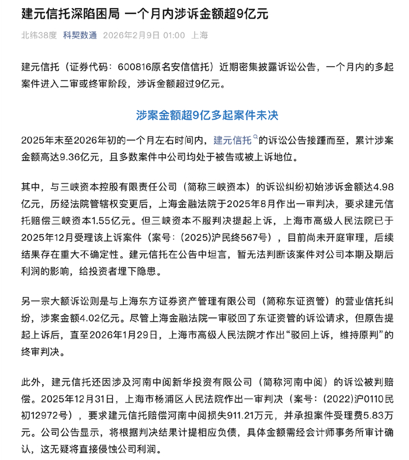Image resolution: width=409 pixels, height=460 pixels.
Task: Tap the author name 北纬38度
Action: pyautogui.click(x=39, y=35)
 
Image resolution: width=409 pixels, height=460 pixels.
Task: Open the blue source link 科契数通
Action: pyautogui.click(x=80, y=35)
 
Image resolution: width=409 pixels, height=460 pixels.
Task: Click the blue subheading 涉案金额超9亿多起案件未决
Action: pyautogui.click(x=204, y=115)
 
